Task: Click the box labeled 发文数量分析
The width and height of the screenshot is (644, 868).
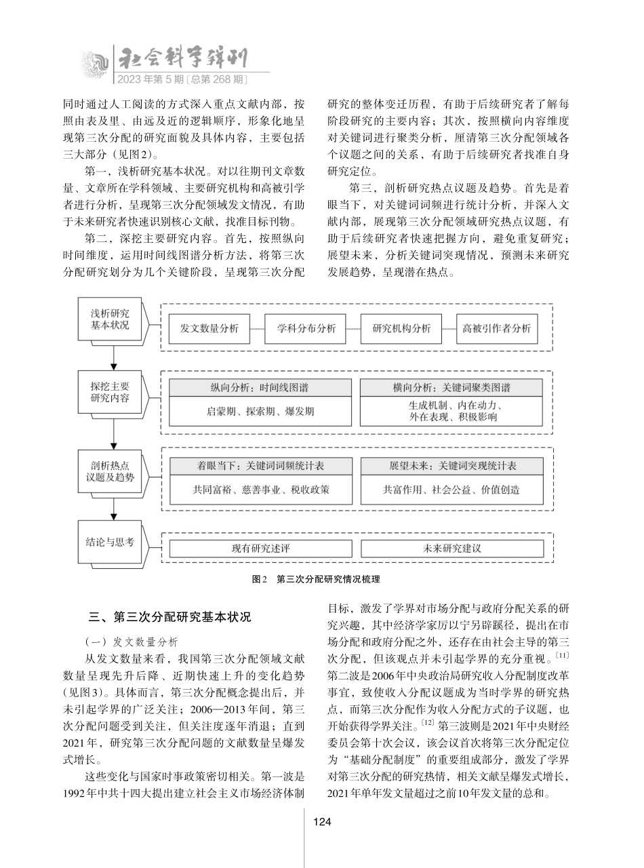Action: [x=209, y=329]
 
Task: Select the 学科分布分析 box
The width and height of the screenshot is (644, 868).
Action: [x=306, y=329]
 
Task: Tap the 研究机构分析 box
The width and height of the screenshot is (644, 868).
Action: [x=401, y=329]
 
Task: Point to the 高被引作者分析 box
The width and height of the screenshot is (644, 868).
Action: [x=497, y=329]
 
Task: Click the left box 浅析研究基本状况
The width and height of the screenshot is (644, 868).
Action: [x=109, y=319]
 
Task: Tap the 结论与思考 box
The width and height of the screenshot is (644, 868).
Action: [x=109, y=542]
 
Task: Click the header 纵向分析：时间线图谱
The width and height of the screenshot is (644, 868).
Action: [x=261, y=388]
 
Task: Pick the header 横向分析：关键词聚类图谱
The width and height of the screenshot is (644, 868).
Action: [x=451, y=388]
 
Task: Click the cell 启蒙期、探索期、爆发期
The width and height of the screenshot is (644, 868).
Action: [x=261, y=411]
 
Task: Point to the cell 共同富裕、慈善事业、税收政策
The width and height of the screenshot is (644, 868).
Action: [x=261, y=489]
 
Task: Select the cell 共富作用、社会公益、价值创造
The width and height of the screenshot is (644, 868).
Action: [x=451, y=489]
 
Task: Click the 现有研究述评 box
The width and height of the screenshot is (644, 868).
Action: [x=261, y=548]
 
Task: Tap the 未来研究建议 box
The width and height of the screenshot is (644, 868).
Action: [x=451, y=548]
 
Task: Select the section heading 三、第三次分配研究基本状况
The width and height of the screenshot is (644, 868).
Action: [x=171, y=617]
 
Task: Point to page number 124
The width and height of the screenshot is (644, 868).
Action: [x=321, y=822]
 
